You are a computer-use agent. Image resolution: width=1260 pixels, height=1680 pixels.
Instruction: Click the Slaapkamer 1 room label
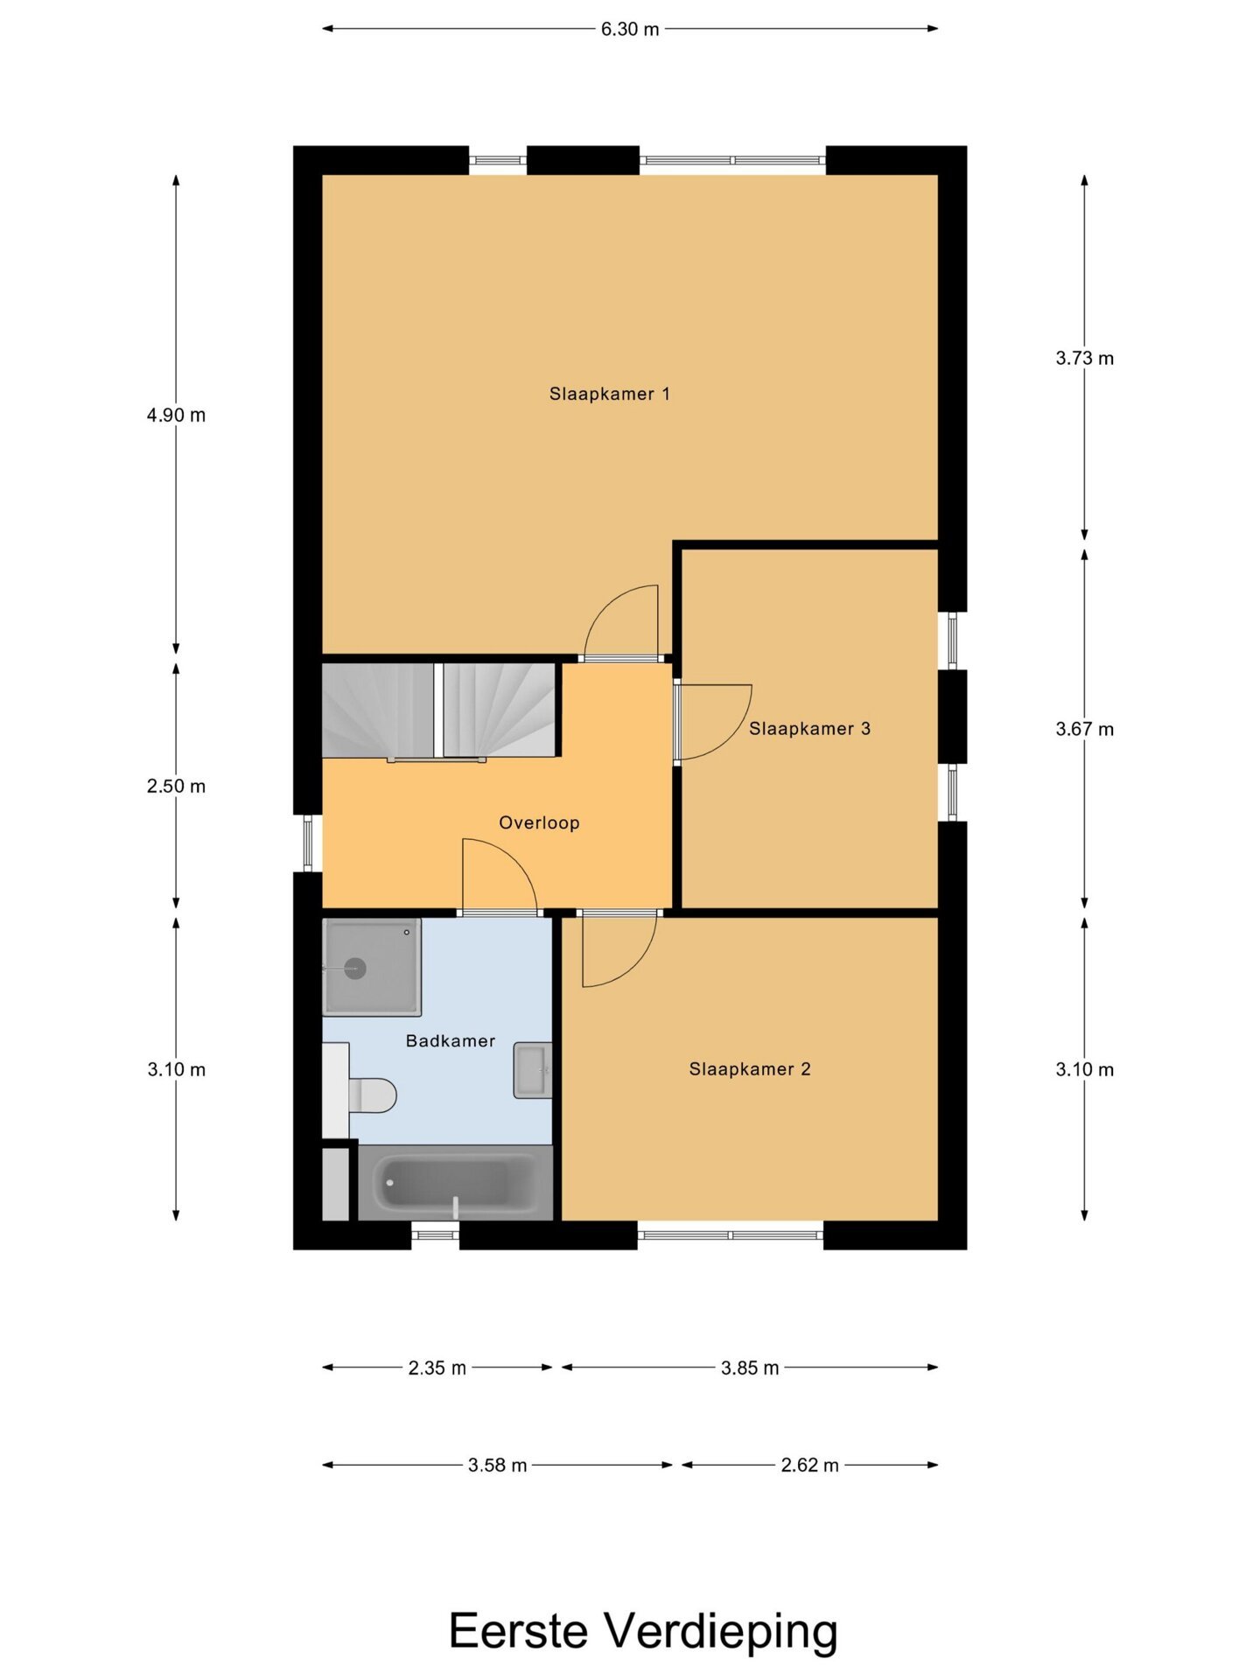[609, 394]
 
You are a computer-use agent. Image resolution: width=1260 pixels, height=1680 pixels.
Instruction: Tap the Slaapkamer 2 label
[750, 1068]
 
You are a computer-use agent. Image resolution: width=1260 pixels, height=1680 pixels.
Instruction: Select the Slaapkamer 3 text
[809, 728]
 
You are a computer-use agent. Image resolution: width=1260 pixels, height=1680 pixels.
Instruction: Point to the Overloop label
[539, 822]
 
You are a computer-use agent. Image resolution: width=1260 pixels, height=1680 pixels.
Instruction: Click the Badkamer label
[451, 1040]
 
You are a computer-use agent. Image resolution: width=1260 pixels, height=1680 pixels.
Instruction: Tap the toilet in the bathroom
[371, 1095]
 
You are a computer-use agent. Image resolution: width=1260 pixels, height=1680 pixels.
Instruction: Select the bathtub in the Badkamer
[456, 1183]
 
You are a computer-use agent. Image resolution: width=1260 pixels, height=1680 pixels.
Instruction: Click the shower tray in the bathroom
[372, 967]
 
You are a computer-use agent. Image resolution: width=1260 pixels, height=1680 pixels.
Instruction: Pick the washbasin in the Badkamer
[533, 1070]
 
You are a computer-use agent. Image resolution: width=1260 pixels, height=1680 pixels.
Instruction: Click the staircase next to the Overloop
[439, 710]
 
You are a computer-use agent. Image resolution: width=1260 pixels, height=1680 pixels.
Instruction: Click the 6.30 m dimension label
[630, 29]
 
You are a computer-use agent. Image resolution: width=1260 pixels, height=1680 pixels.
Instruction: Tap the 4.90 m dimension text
[176, 415]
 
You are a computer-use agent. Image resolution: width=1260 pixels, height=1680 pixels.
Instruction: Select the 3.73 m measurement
[1084, 358]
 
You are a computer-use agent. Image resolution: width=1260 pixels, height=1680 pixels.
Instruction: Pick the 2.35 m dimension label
[437, 1368]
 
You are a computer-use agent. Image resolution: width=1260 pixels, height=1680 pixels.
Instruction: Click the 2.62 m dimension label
[809, 1465]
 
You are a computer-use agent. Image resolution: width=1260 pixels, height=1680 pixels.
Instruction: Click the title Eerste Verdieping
[643, 1631]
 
